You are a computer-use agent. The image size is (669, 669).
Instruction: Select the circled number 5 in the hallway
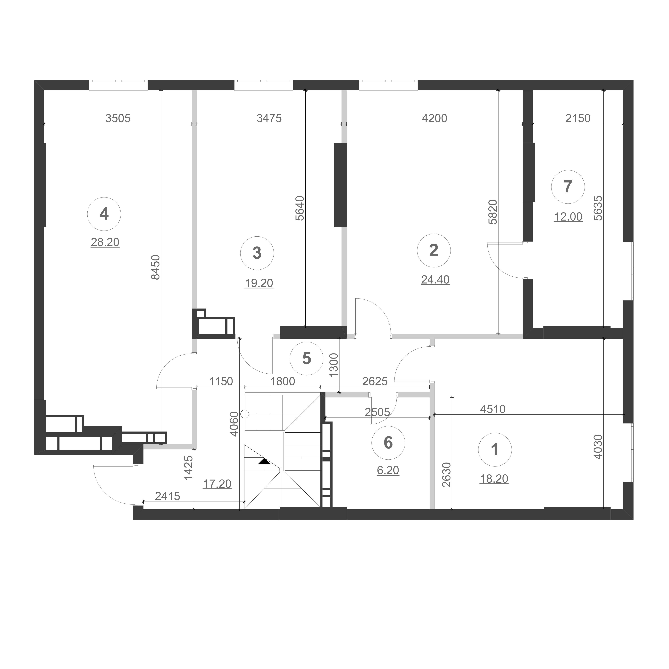click(306, 359)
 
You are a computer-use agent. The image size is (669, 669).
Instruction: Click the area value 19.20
click(259, 283)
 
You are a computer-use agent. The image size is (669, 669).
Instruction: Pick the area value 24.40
click(435, 280)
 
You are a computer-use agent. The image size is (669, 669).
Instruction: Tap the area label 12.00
click(568, 217)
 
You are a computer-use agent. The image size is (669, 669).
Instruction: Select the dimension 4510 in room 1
click(493, 409)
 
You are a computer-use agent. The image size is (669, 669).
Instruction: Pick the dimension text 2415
click(168, 497)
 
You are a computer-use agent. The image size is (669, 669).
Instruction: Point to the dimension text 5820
click(493, 212)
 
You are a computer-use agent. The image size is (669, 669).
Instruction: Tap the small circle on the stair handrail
click(245, 414)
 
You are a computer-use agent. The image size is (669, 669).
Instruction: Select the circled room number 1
click(495, 450)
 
